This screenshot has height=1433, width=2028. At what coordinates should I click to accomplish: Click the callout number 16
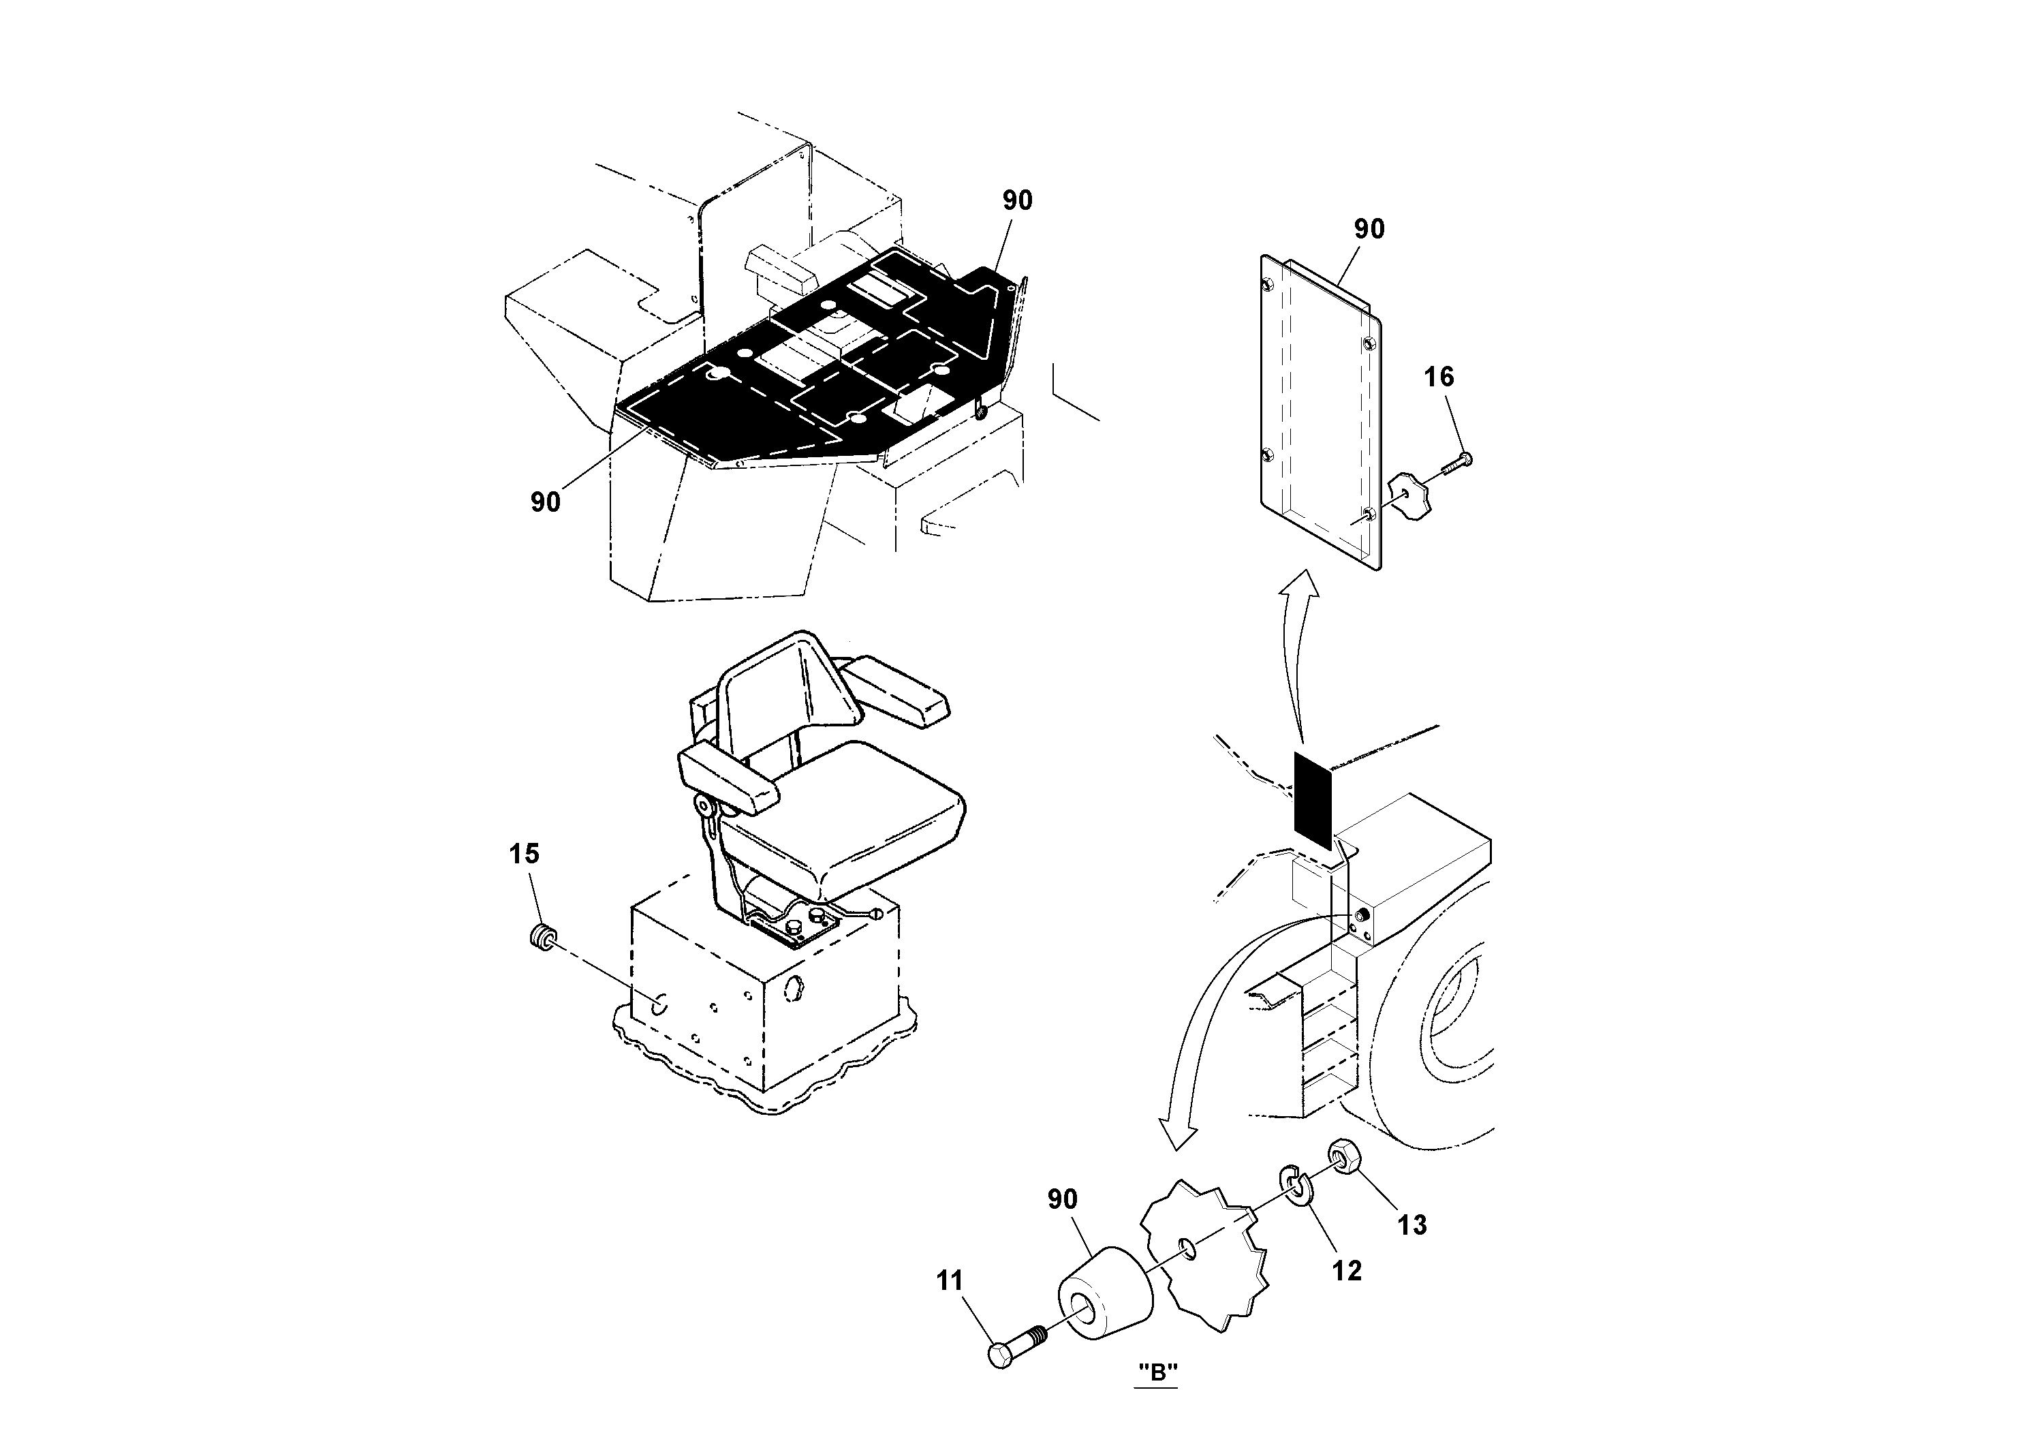pos(1438,377)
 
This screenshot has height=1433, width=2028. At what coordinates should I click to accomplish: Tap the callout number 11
pos(950,1280)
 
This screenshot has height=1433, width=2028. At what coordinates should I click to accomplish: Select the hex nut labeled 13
pos(1343,1156)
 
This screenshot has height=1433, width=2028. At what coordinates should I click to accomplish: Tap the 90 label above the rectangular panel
pos(1369,230)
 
